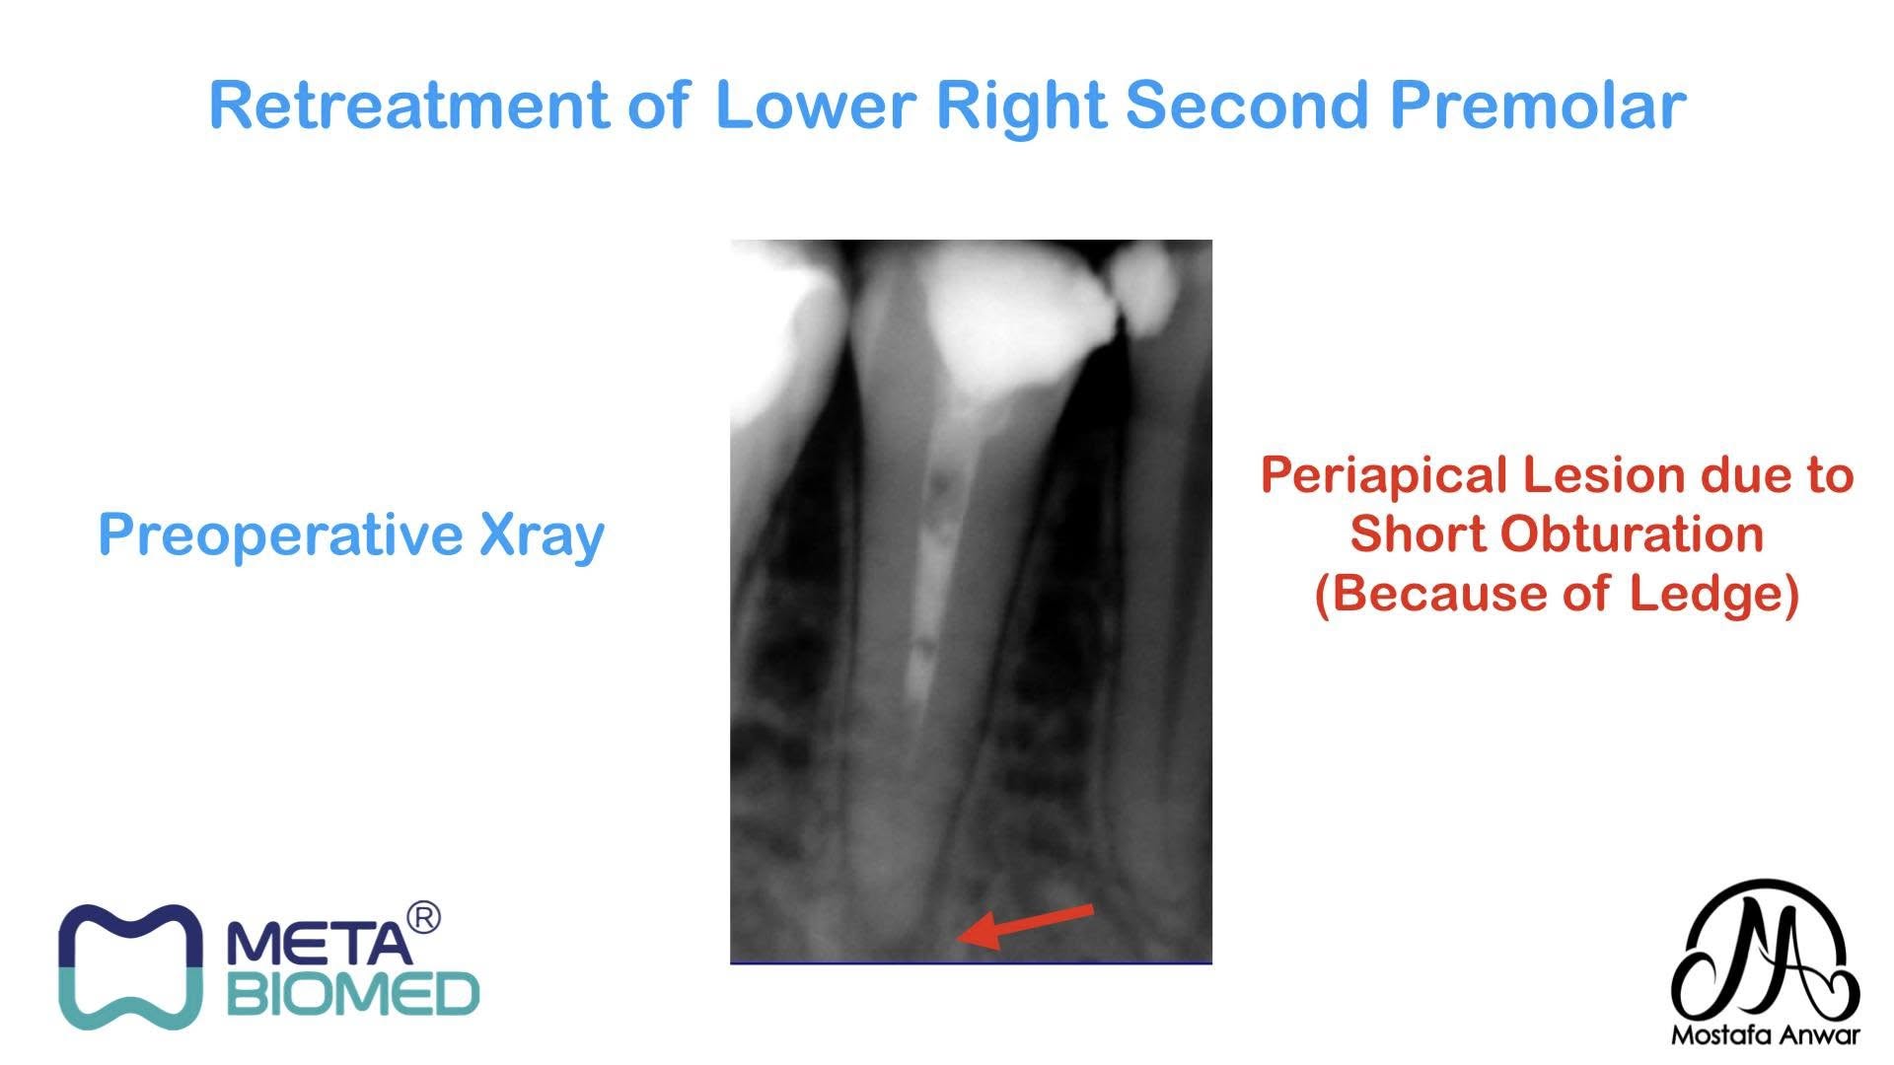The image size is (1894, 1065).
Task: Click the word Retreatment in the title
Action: (x=409, y=105)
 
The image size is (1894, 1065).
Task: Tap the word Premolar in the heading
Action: (x=1538, y=105)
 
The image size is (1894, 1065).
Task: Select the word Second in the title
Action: (x=1247, y=105)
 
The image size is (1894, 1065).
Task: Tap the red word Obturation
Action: (x=1633, y=534)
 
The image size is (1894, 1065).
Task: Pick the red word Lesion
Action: (x=1606, y=475)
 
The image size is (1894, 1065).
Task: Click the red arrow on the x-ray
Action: (x=1026, y=926)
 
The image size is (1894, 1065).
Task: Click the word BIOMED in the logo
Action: (x=353, y=994)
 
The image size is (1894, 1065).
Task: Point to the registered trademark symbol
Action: (x=423, y=917)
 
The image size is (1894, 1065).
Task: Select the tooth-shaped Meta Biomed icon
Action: (x=129, y=967)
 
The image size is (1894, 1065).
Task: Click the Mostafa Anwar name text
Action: (x=1765, y=1034)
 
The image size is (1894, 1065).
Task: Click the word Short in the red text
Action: (x=1418, y=534)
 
